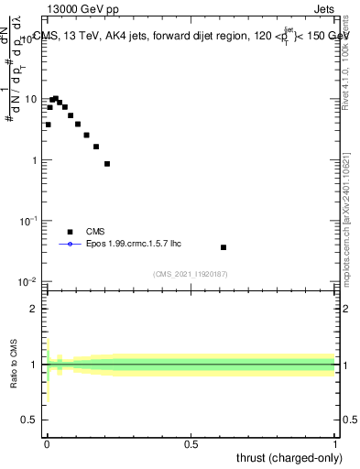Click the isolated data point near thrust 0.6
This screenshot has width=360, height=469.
[224, 247]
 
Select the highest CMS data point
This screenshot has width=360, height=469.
[55, 98]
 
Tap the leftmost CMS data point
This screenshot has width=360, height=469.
[48, 125]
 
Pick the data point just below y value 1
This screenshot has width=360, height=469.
[107, 164]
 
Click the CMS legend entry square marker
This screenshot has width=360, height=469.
[70, 232]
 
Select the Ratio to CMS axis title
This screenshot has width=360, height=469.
[15, 365]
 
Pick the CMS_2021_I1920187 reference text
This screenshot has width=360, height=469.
[191, 274]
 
